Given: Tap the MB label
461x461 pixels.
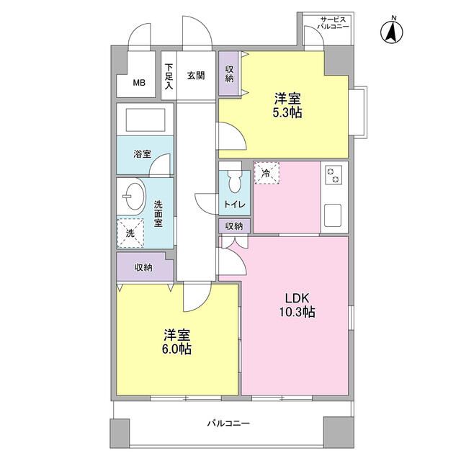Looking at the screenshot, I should pyautogui.click(x=138, y=83).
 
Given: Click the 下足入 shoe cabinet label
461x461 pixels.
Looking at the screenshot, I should pyautogui.click(x=169, y=76).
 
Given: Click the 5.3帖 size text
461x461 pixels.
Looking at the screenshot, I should pyautogui.click(x=287, y=112).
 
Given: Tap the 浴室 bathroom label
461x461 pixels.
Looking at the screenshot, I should pyautogui.click(x=142, y=153).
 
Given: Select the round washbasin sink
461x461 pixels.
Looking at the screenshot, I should pyautogui.click(x=133, y=194).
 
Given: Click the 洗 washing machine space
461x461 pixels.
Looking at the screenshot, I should pyautogui.click(x=130, y=233).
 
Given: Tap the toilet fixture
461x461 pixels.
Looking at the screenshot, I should pyautogui.click(x=233, y=180).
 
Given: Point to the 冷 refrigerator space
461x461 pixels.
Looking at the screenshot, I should pyautogui.click(x=266, y=173).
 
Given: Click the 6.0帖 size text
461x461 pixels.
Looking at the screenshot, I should pyautogui.click(x=176, y=349).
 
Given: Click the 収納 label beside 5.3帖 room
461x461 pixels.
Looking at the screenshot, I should pyautogui.click(x=229, y=73).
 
